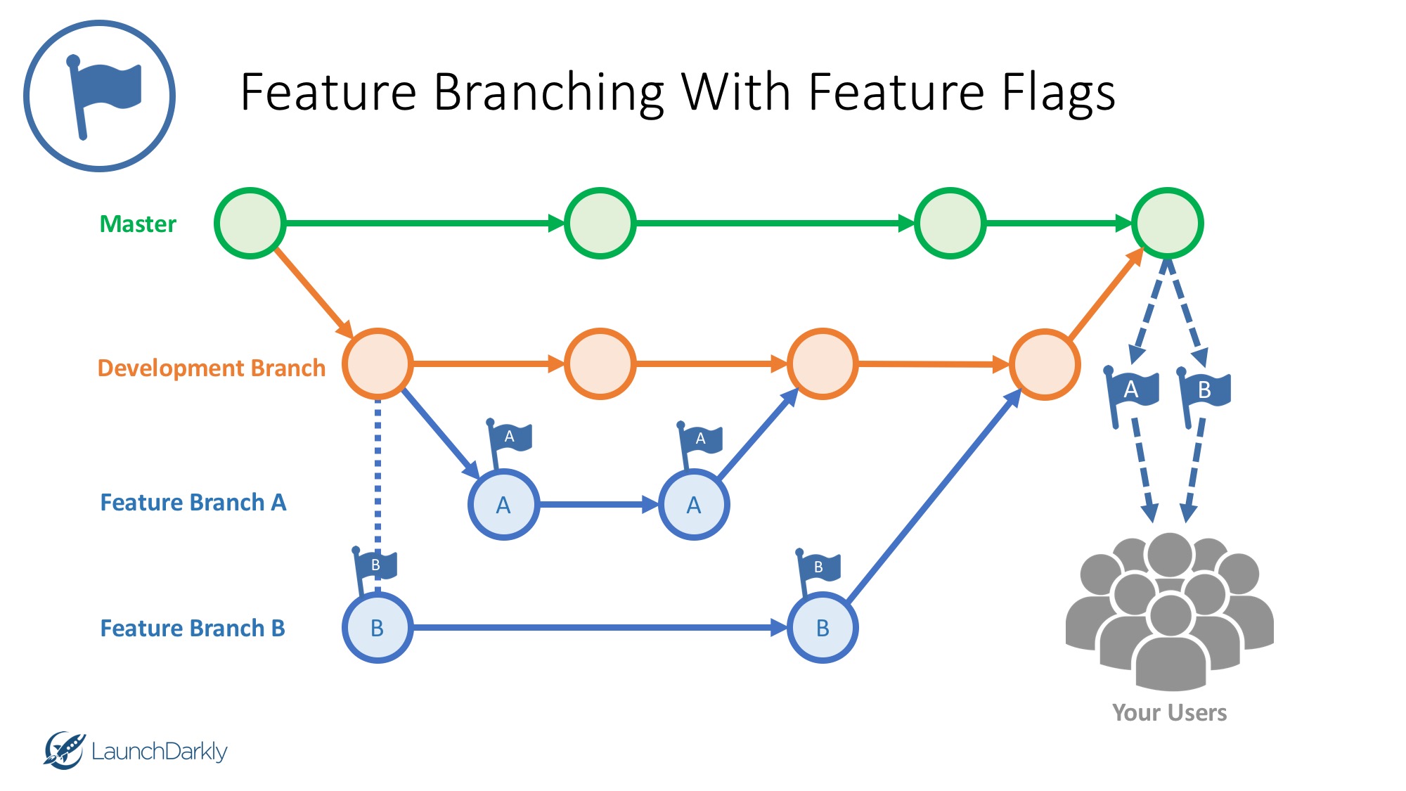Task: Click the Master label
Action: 138,224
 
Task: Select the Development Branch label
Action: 211,368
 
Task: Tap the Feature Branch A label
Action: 193,502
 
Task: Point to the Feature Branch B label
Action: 192,628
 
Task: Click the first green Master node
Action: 250,223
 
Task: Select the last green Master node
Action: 1167,223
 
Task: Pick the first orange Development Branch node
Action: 378,364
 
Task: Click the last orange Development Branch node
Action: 1045,364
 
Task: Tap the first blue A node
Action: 503,504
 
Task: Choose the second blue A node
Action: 694,504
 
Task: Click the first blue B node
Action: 378,627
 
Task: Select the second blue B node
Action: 822,627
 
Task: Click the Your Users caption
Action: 1169,712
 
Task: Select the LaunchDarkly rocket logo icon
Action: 63,750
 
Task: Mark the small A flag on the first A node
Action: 510,437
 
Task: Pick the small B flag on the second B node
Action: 819,567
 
